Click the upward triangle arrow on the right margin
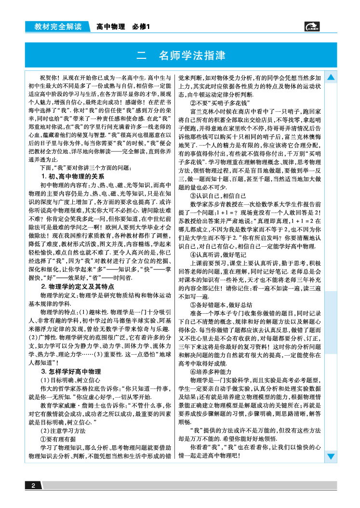[332, 77]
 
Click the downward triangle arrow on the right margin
[332, 456]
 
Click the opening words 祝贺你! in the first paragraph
[51, 77]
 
